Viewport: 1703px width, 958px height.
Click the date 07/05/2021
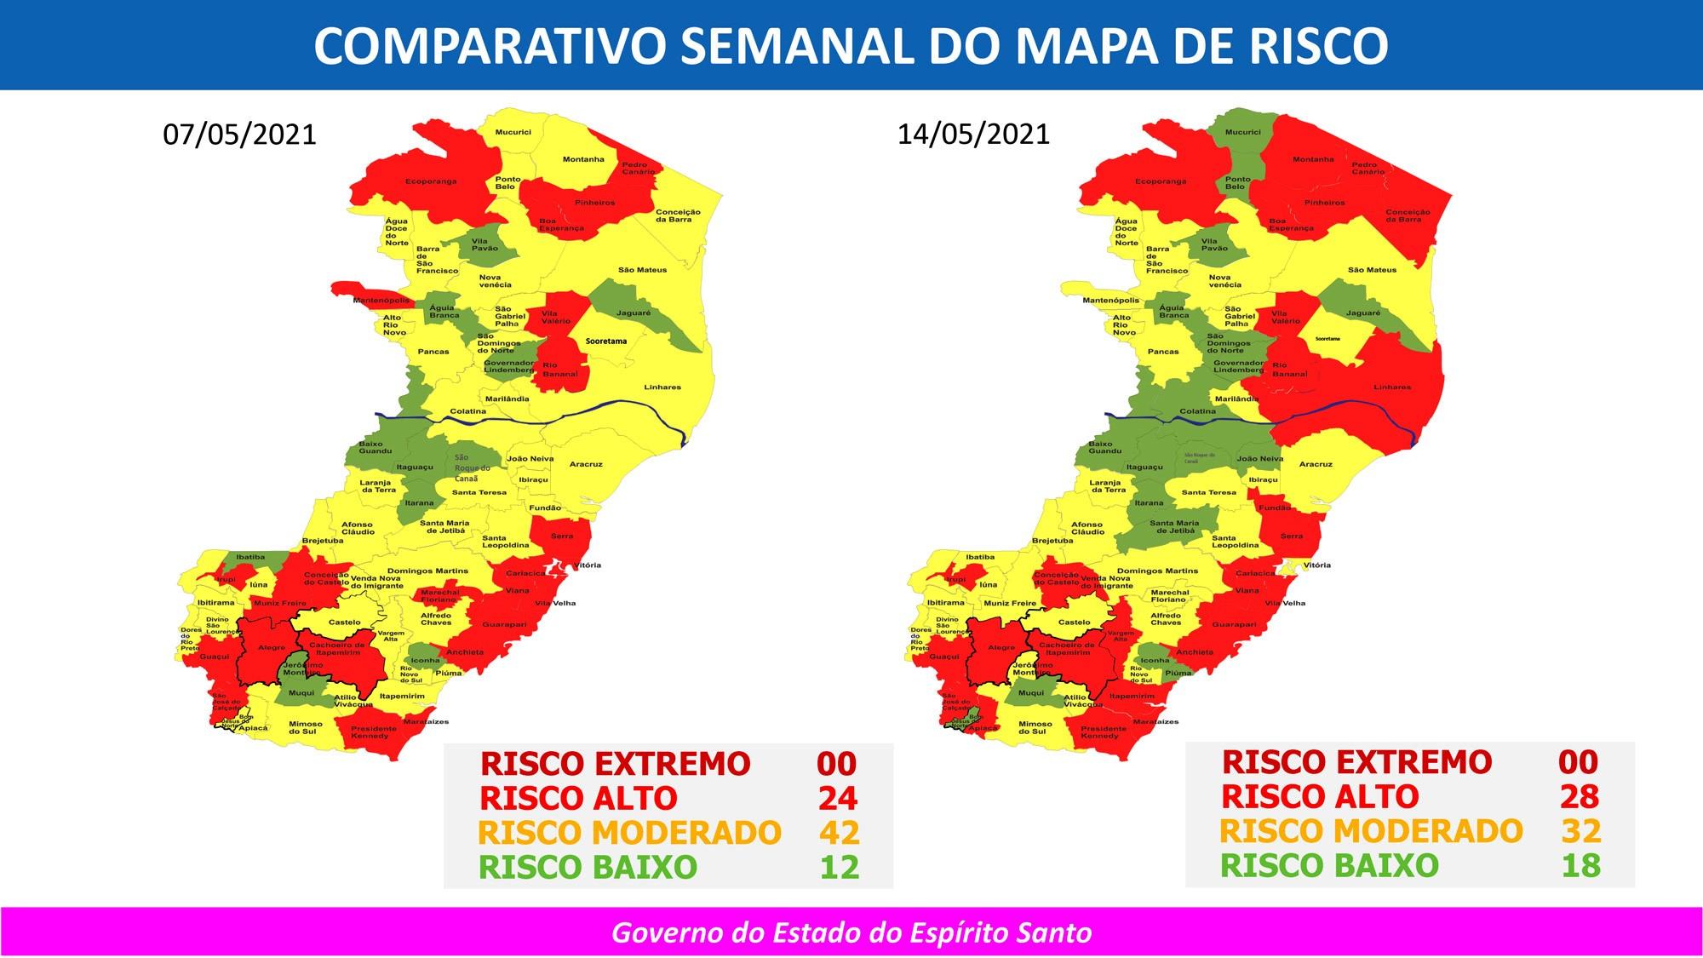[239, 135]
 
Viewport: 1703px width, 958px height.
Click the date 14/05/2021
[973, 135]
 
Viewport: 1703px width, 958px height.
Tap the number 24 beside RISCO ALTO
[837, 799]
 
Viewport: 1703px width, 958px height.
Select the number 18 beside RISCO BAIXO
[1580, 865]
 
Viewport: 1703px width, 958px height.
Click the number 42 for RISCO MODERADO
[839, 833]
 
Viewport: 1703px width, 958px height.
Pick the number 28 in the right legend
[1580, 797]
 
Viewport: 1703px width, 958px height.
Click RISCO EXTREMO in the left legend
[615, 764]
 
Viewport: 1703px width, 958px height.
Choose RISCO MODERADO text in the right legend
[1371, 831]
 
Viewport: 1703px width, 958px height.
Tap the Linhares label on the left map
[662, 387]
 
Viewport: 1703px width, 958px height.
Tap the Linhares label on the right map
[1392, 387]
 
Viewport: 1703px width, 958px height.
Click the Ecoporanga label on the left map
[431, 181]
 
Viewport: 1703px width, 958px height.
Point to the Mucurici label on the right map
[1242, 132]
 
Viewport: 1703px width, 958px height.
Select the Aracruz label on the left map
[586, 464]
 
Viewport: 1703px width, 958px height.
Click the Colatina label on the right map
[1197, 411]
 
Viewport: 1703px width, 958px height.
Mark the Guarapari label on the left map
[504, 624]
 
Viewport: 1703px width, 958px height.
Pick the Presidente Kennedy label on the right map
[1103, 731]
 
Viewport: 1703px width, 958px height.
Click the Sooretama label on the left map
[605, 341]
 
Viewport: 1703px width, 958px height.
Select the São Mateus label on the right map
[1372, 270]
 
